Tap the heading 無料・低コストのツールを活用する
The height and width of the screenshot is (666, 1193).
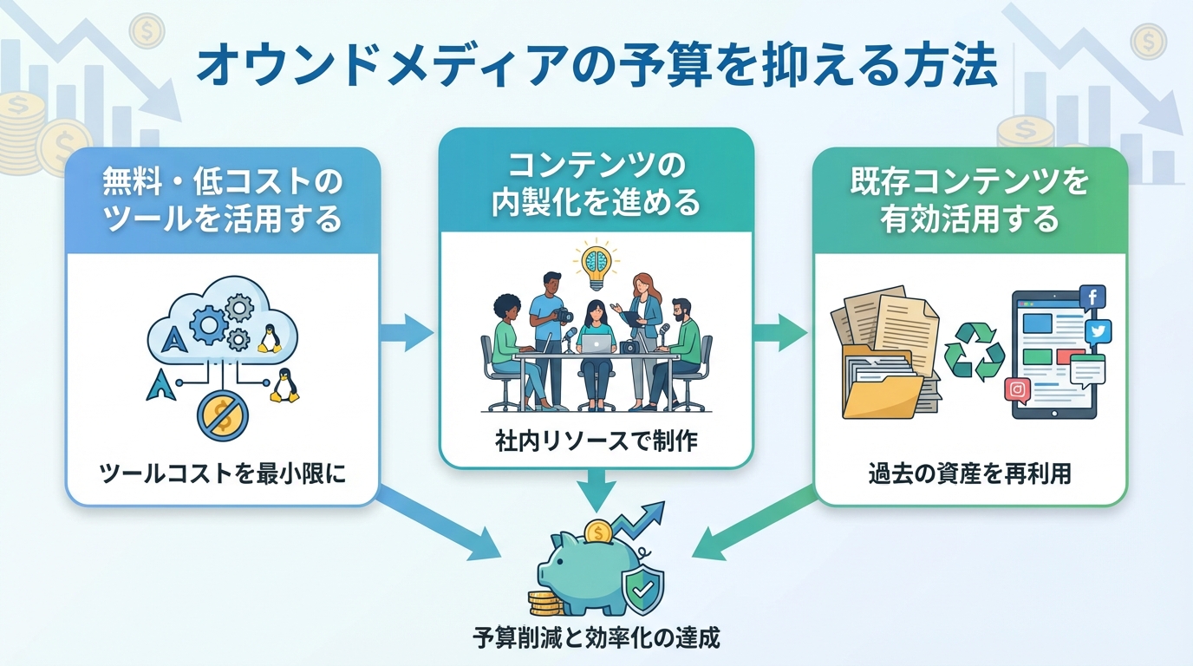(x=222, y=201)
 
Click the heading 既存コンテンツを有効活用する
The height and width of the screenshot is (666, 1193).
(x=970, y=201)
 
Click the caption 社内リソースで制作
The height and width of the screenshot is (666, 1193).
(x=596, y=440)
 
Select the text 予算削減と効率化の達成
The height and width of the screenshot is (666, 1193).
(x=596, y=639)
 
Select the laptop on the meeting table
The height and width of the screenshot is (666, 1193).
(x=596, y=344)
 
